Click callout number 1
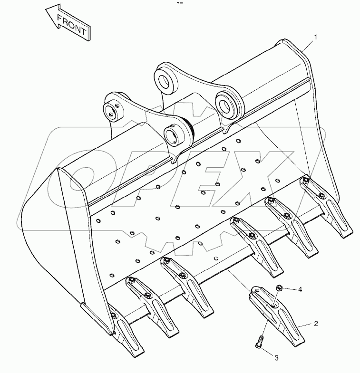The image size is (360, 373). pos(315,37)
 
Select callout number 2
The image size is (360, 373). pos(315,324)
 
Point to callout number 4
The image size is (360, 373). pos(300,288)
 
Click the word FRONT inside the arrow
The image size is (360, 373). pos(72,24)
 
